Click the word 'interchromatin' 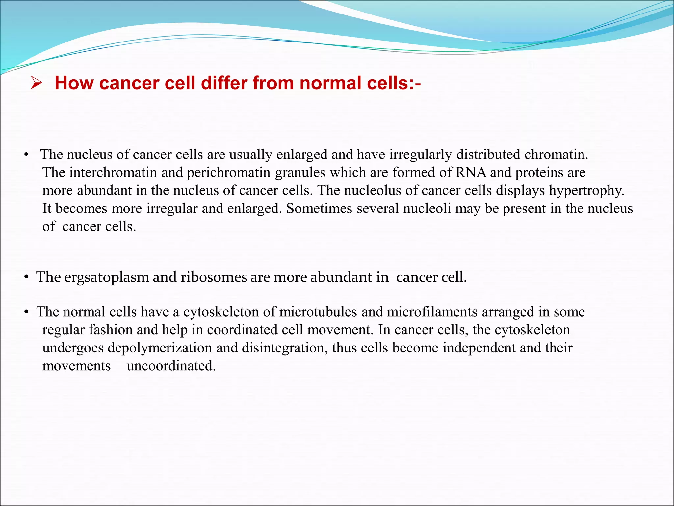[113, 173]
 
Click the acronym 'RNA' [471, 173]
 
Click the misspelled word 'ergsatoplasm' [106, 277]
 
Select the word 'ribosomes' [214, 277]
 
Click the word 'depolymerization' [160, 348]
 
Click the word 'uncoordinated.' [171, 366]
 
